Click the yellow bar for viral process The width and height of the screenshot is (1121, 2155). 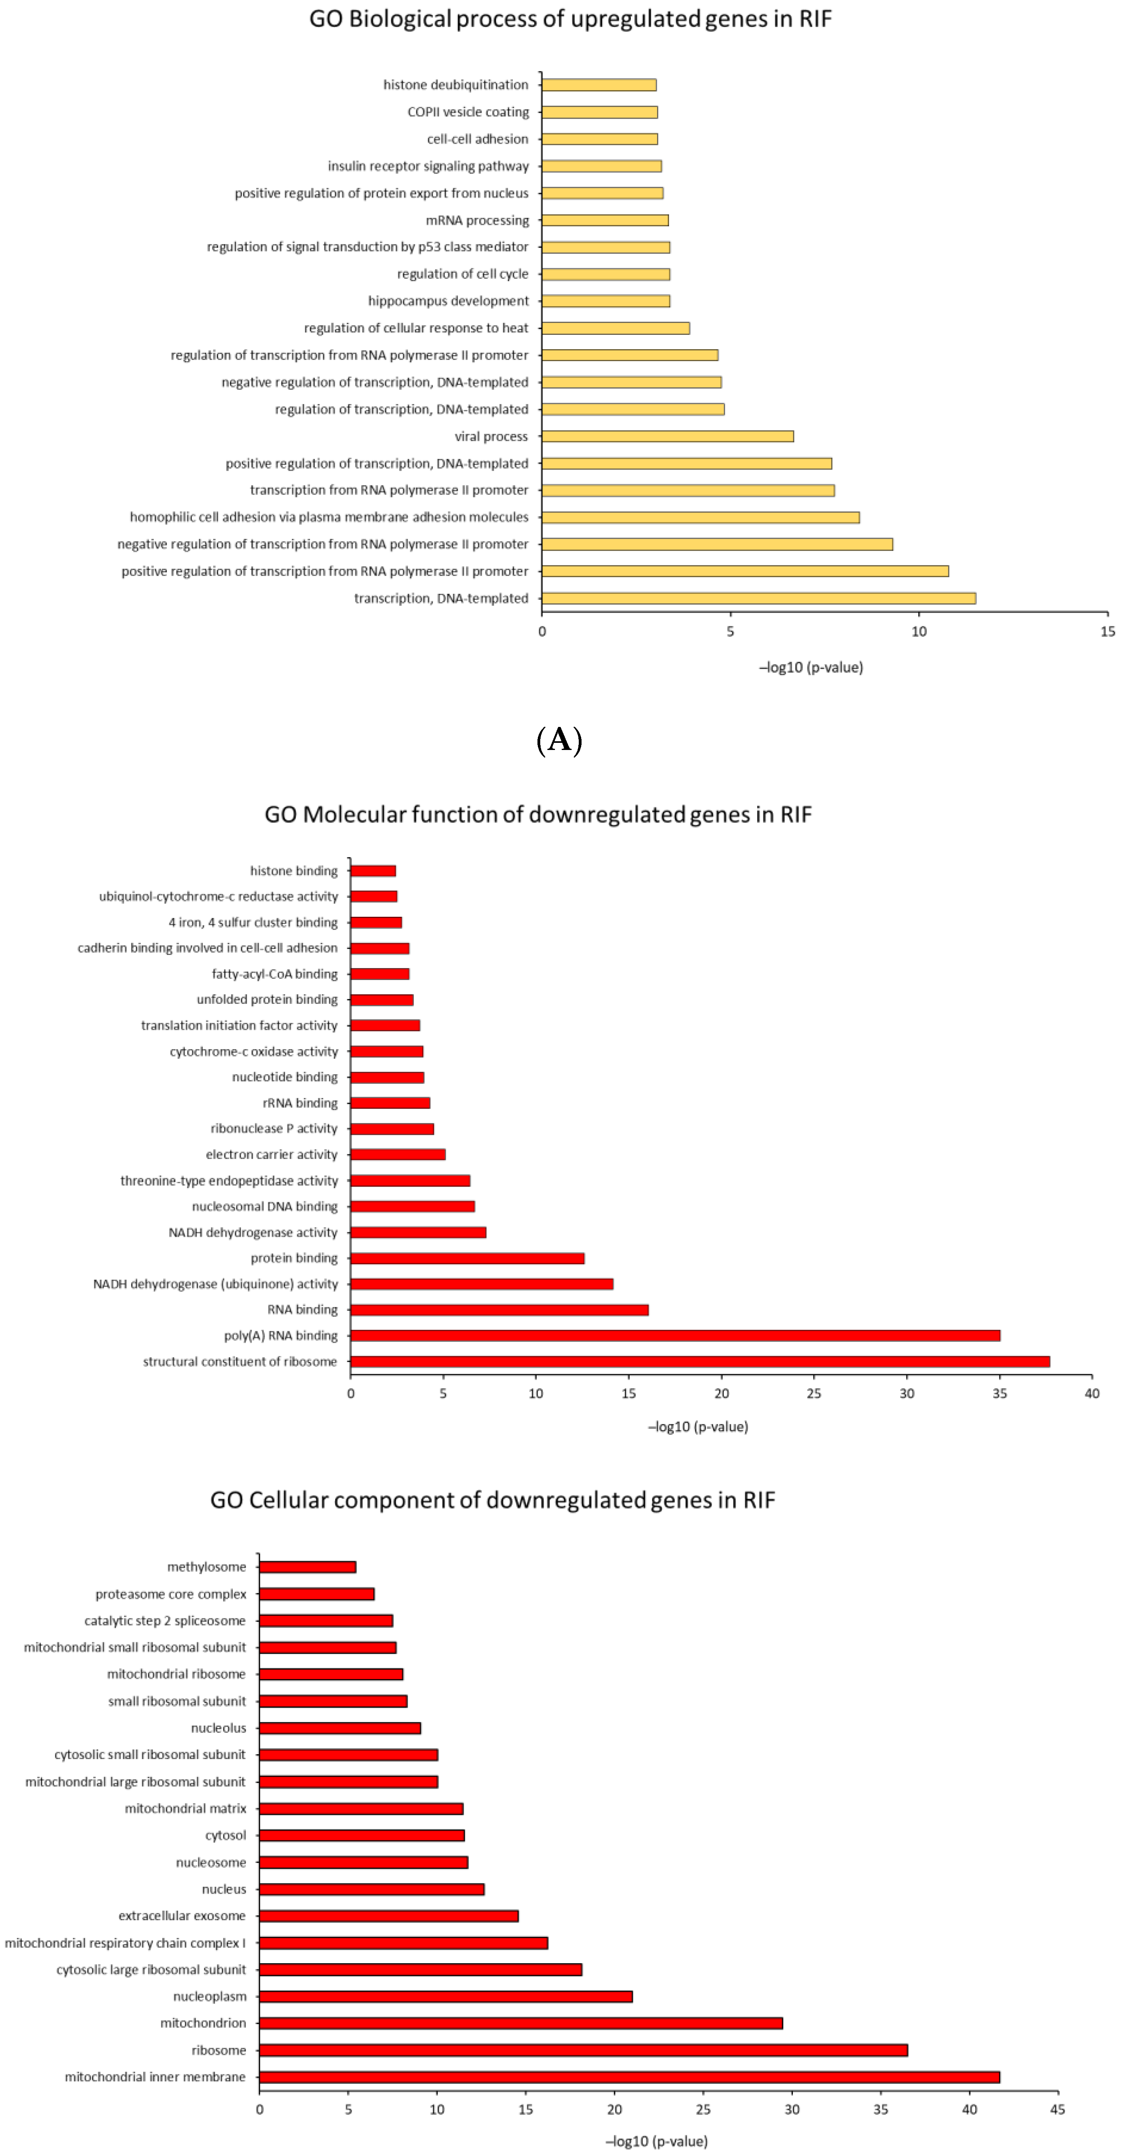click(668, 436)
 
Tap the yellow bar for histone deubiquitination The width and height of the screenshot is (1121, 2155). click(599, 85)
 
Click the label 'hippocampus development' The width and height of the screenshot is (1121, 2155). click(448, 301)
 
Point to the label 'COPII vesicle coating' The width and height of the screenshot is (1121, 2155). click(468, 112)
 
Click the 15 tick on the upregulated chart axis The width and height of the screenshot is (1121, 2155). click(1107, 632)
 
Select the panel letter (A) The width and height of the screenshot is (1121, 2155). click(559, 740)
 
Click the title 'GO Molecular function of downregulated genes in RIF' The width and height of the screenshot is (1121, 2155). click(538, 815)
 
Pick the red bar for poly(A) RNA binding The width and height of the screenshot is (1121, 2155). click(675, 1335)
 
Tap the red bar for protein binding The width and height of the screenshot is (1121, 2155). click(467, 1258)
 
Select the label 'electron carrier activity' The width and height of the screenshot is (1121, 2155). click(272, 1154)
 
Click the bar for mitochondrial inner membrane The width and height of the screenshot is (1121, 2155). click(629, 2076)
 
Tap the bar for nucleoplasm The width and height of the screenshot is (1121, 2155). click(446, 1996)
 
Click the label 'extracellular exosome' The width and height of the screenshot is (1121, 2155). click(182, 1916)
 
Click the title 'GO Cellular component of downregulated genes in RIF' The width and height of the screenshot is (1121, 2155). click(493, 1500)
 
